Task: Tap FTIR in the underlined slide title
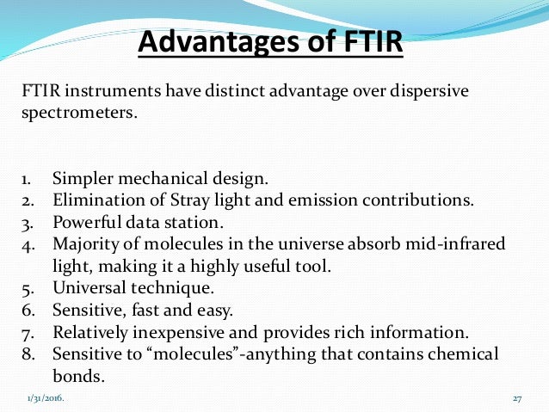tap(361, 41)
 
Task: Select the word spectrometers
tap(78, 112)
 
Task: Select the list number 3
tap(27, 223)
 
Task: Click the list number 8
tap(27, 354)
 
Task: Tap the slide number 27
tap(517, 399)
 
